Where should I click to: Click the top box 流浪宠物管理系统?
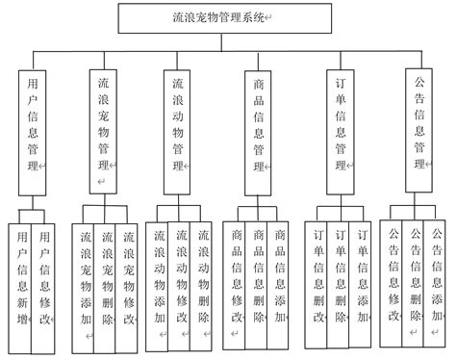pos(229,18)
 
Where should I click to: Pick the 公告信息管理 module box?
pos(420,119)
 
